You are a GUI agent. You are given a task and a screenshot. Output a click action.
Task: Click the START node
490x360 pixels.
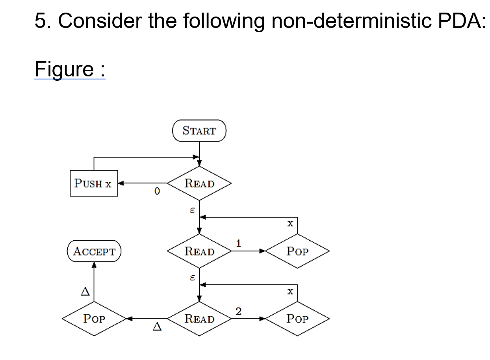click(x=199, y=131)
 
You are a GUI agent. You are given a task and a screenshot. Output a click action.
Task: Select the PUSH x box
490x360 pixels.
click(x=94, y=184)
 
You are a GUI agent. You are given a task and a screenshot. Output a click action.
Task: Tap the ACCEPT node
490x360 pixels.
click(x=94, y=251)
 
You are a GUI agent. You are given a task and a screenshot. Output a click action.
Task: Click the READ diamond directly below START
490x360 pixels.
click(x=199, y=184)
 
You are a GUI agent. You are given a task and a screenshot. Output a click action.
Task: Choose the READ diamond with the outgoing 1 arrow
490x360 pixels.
click(x=199, y=251)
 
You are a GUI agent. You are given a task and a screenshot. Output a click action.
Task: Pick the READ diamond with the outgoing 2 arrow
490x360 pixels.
click(x=199, y=319)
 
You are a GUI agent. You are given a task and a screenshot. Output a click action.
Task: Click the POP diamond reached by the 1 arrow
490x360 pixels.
click(x=297, y=251)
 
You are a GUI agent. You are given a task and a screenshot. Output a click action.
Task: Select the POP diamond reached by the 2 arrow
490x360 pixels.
click(x=297, y=319)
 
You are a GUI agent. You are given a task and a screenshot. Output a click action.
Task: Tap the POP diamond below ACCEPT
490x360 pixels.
click(x=94, y=319)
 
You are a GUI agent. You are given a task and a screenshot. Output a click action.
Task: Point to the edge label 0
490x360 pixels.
click(x=157, y=192)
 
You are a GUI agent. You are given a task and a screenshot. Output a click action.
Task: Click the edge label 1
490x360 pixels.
click(x=238, y=243)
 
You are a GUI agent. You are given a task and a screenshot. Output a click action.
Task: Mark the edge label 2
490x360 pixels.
click(x=238, y=311)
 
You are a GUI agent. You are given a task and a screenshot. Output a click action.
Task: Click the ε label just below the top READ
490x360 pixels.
click(x=192, y=211)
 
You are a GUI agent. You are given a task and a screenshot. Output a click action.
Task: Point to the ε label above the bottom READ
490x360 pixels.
click(x=192, y=278)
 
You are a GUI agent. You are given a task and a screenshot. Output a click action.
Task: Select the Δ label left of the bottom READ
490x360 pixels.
click(x=157, y=327)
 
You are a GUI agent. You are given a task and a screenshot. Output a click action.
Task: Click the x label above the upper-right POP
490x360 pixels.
click(x=290, y=224)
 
